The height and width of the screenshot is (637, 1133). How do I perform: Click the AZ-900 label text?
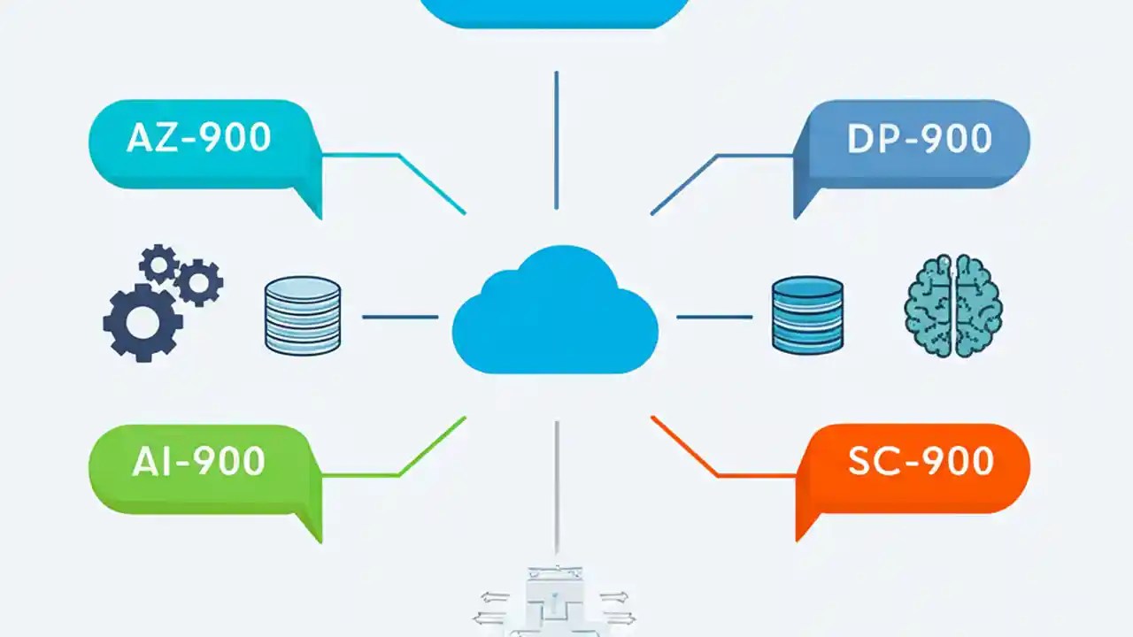198,138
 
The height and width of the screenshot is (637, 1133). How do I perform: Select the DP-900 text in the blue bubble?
919,139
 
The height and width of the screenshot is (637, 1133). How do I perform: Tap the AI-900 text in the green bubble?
198,462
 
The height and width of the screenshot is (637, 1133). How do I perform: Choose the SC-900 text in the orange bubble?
921,461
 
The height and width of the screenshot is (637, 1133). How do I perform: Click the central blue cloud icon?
555,314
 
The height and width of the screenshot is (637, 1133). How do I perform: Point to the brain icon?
952,305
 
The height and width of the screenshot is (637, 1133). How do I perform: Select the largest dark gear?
142,323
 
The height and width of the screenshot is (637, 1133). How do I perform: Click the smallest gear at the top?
160,263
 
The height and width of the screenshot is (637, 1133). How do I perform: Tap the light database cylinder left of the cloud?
303,316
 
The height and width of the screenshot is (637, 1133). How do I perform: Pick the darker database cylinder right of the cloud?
807,316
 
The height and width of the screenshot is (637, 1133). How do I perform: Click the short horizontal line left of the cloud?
400,317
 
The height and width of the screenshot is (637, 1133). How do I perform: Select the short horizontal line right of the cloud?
714,317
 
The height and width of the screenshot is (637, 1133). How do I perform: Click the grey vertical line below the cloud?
556,487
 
